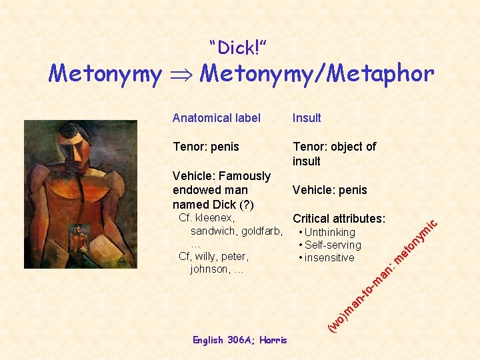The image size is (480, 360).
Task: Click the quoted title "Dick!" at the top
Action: [x=238, y=48]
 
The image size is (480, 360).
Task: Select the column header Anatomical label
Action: [x=217, y=118]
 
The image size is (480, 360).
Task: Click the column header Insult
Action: [x=307, y=118]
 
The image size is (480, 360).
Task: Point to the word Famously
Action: [x=244, y=176]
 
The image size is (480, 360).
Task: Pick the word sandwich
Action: [x=213, y=231]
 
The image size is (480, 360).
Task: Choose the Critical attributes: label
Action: [x=339, y=219]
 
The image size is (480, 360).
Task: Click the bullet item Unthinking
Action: [x=329, y=232]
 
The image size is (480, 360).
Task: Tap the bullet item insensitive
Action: [x=329, y=257]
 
